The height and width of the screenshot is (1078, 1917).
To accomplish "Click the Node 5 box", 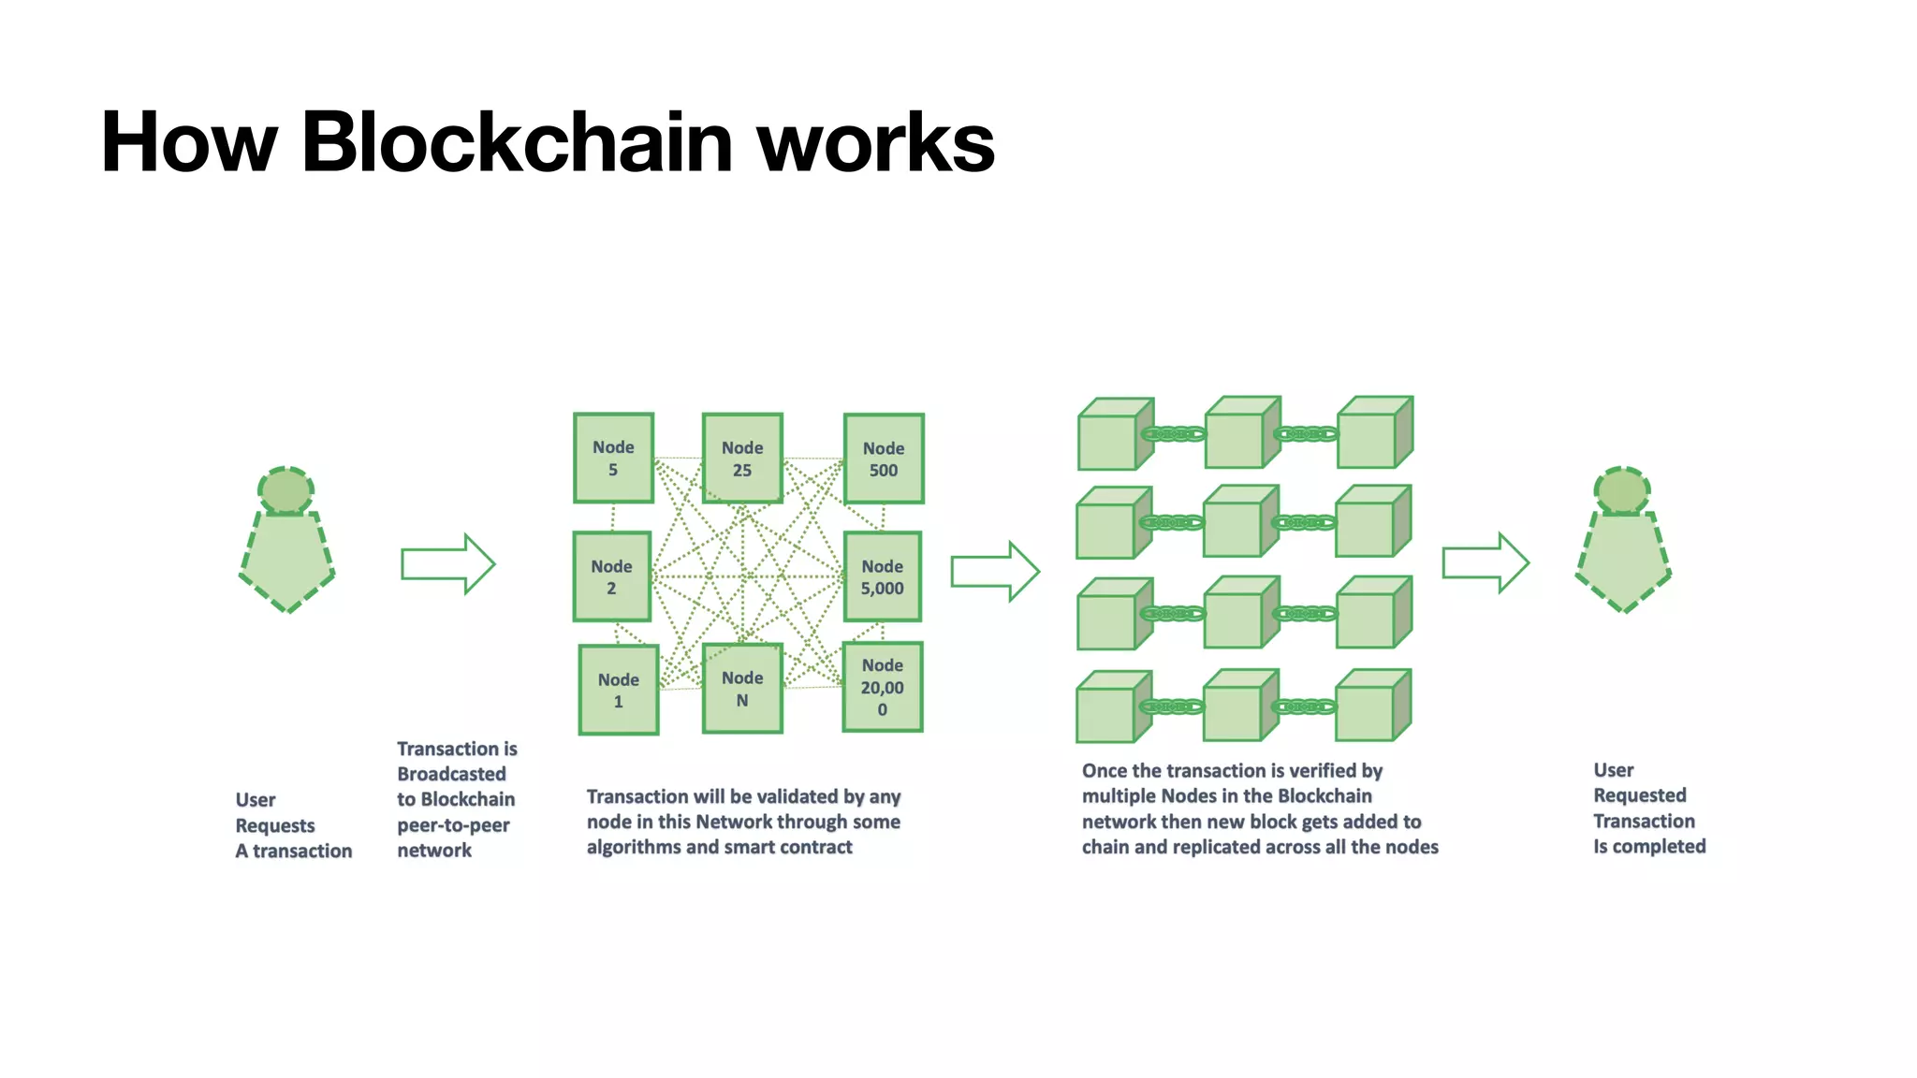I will pos(613,459).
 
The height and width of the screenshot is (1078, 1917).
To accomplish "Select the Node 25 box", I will pos(742,459).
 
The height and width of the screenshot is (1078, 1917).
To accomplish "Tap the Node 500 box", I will pos(884,459).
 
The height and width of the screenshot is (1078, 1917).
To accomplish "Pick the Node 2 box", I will pos(611,576).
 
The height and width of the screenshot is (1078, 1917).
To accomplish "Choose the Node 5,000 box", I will pos(882,576).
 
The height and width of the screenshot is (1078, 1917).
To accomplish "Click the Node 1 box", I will pos(618,690).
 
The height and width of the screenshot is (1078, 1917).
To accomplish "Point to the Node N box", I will pos(742,688).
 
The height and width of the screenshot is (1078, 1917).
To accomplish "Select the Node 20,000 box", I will pos(882,687).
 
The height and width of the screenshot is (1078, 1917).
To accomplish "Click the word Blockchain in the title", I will pos(517,142).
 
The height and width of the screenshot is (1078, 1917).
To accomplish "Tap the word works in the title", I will pos(875,142).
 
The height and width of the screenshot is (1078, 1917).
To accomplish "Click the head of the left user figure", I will pos(285,490).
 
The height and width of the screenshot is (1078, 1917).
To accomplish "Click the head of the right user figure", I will pos(1622,490).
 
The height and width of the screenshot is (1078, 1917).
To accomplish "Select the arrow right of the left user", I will pos(447,564).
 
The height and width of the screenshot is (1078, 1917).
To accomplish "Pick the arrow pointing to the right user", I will pos(1485,563).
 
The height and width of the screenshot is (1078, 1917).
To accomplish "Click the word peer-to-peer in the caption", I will pos(453,825).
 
